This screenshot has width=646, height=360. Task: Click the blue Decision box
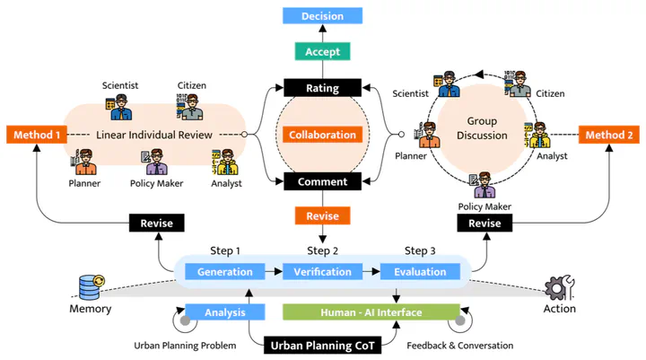(x=322, y=15)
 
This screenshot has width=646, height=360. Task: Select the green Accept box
(x=322, y=52)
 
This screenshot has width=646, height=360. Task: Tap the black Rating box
(x=322, y=88)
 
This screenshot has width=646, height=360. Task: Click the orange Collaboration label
(x=322, y=135)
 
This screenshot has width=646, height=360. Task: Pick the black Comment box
(x=322, y=182)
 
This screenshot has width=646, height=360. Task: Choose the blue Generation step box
(x=225, y=272)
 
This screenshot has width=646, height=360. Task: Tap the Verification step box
(x=322, y=272)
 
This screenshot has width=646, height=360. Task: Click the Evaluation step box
(x=420, y=272)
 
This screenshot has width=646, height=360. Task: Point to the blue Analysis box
(x=225, y=312)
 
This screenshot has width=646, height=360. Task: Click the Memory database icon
(x=92, y=286)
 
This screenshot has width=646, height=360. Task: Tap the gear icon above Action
(x=559, y=286)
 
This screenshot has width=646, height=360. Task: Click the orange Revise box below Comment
(x=322, y=216)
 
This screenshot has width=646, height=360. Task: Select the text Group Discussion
(x=487, y=128)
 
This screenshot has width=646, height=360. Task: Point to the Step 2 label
(x=322, y=250)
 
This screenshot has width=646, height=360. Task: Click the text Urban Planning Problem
(x=185, y=346)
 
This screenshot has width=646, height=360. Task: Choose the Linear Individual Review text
(x=154, y=135)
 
